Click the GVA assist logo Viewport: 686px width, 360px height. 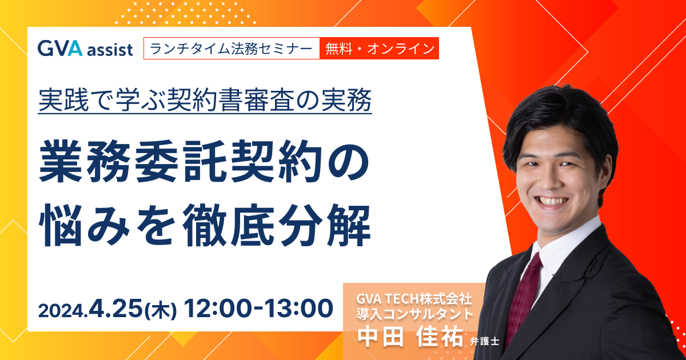[x=85, y=49]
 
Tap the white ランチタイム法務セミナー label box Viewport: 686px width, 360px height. [x=232, y=49]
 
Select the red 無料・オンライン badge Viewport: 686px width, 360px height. [x=380, y=49]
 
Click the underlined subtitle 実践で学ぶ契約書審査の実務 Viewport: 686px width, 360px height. [x=205, y=100]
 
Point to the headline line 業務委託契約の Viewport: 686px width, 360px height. [x=204, y=161]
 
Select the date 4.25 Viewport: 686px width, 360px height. [x=115, y=309]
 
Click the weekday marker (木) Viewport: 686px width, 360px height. [x=161, y=310]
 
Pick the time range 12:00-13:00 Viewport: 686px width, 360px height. [x=258, y=309]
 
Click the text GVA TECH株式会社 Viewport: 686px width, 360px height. [x=414, y=299]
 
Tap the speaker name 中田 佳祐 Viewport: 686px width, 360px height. [x=410, y=336]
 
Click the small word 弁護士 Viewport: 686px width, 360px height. [x=485, y=341]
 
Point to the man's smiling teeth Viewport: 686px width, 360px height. [x=554, y=201]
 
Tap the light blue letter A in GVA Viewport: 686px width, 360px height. [x=75, y=48]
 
